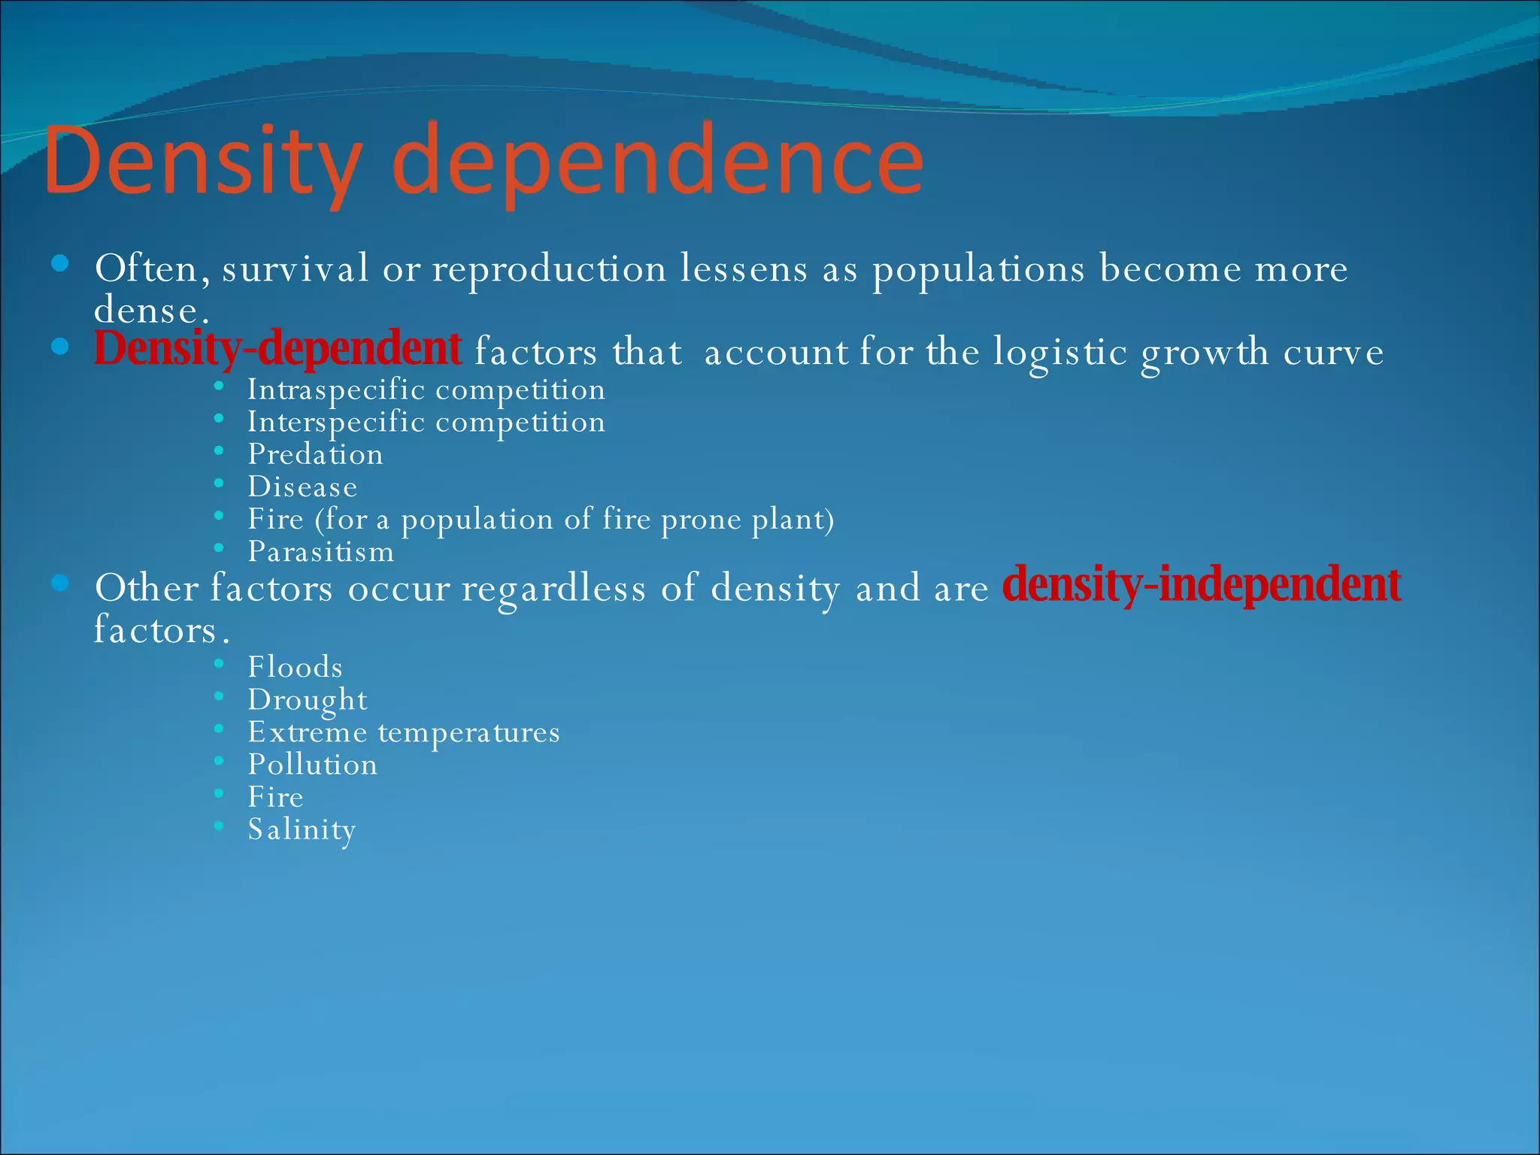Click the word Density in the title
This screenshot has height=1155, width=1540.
(203, 162)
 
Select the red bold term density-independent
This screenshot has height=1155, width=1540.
(1202, 585)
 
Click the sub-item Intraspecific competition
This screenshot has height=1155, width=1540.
(426, 390)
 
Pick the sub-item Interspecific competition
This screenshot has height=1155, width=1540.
(426, 422)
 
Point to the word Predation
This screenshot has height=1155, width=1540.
(316, 454)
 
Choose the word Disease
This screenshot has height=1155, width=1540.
(302, 487)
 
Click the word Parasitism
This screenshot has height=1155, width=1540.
(321, 552)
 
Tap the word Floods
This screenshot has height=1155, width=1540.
(296, 667)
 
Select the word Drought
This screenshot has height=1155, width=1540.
(308, 700)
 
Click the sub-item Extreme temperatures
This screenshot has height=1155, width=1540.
(404, 732)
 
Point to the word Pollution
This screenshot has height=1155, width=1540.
(313, 765)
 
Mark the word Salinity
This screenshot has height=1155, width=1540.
(302, 829)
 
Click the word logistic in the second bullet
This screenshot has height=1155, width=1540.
(1060, 352)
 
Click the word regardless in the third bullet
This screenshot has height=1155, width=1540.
(553, 588)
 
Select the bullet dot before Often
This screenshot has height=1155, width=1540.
(60, 263)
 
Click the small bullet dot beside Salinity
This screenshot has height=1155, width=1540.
(219, 826)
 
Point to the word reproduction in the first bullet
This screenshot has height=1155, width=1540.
(549, 269)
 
